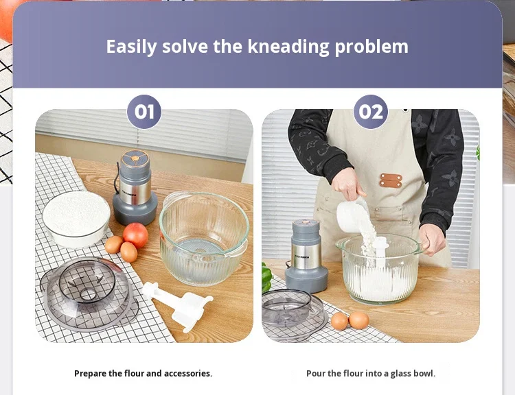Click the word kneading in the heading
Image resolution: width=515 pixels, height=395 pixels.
[288, 47]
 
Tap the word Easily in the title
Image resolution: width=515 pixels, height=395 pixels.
[131, 47]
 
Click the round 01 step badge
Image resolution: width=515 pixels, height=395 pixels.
[144, 112]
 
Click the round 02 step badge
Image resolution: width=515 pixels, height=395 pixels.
[371, 112]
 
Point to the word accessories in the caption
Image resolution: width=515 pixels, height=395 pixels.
[188, 373]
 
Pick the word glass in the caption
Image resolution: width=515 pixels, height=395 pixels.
[400, 374]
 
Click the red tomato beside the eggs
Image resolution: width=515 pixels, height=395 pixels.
[136, 235]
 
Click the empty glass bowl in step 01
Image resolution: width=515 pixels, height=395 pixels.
[204, 238]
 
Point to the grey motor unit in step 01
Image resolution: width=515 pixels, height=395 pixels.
[135, 188]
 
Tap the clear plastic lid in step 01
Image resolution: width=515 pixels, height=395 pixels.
[88, 293]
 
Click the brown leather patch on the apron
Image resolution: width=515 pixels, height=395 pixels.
[391, 180]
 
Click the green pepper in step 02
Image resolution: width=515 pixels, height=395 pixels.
[267, 278]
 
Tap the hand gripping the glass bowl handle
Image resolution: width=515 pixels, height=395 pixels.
[432, 239]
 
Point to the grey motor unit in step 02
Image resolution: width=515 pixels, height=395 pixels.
[306, 256]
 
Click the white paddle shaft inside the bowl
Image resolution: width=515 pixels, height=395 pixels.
[381, 251]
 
